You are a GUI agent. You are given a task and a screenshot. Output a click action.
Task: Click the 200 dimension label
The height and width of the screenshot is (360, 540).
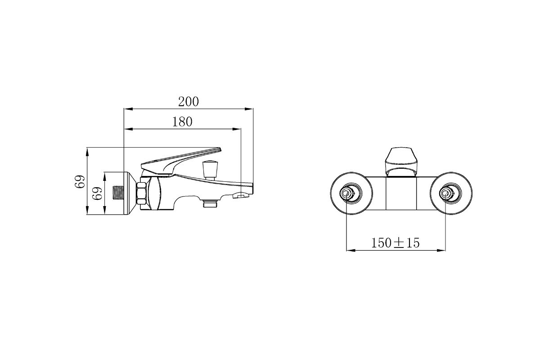(x=189, y=102)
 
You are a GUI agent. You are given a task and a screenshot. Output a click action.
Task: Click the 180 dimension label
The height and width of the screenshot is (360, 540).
(x=182, y=122)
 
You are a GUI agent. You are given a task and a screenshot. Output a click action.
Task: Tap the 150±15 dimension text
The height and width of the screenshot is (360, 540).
(x=396, y=243)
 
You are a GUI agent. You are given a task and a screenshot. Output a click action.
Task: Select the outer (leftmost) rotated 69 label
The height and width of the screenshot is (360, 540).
(x=80, y=181)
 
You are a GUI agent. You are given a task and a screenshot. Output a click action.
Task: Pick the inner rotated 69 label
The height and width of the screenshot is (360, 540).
(x=97, y=193)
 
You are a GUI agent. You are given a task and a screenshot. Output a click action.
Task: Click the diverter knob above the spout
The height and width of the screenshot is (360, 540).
(x=211, y=170)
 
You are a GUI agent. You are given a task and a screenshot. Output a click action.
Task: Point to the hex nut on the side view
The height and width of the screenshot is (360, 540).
(x=141, y=193)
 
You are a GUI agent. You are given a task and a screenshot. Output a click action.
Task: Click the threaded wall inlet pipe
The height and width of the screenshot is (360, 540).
(x=118, y=193)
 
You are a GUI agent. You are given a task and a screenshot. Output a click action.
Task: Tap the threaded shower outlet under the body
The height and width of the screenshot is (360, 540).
(x=210, y=203)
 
